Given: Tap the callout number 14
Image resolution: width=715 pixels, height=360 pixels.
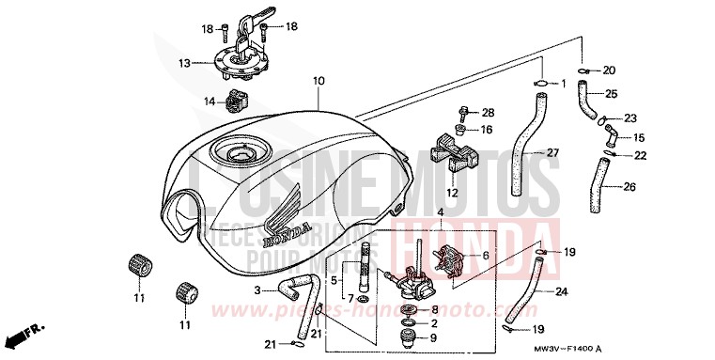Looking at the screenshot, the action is pyautogui.click(x=209, y=102).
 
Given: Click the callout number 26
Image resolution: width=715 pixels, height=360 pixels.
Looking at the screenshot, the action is pyautogui.click(x=629, y=187).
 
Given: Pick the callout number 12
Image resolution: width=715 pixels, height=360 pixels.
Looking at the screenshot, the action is pyautogui.click(x=452, y=193).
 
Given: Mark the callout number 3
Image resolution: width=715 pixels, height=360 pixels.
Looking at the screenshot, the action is pyautogui.click(x=256, y=291).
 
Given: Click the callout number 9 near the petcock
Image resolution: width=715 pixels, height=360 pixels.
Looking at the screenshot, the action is pyautogui.click(x=433, y=338).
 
